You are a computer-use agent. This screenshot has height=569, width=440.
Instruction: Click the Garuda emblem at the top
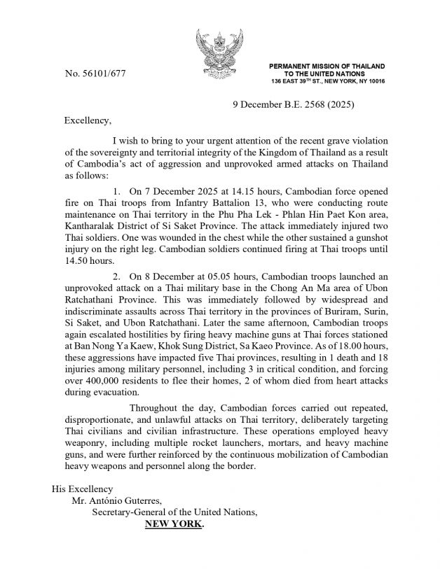(219, 52)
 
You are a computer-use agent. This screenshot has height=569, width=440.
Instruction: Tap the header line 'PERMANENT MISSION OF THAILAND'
(327, 66)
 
